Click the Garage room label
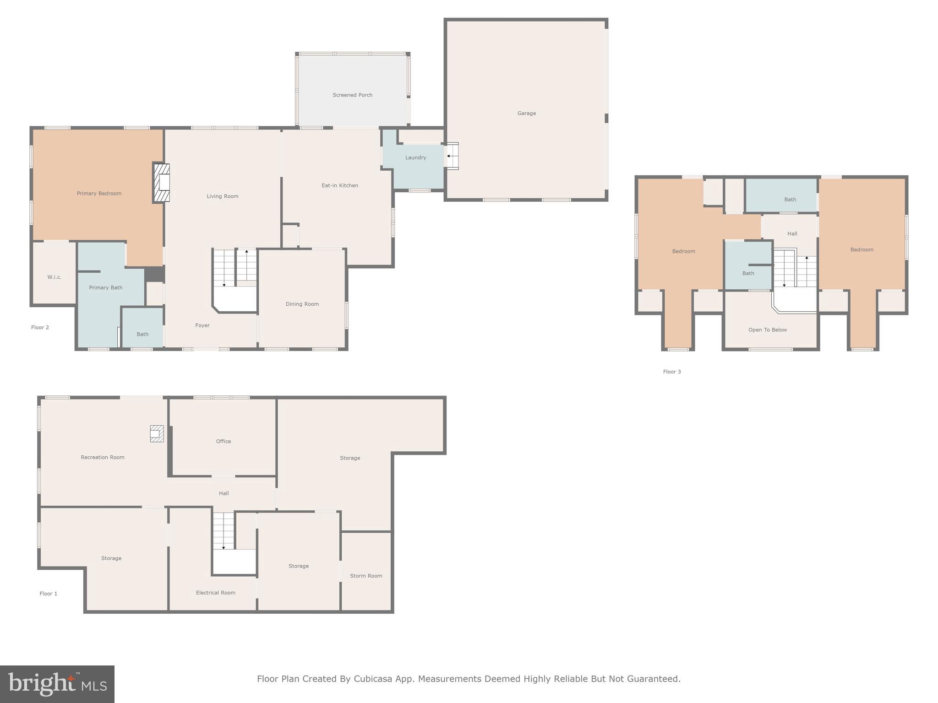point(526,113)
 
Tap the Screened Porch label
point(352,95)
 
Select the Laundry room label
point(415,157)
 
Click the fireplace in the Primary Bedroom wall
point(162,183)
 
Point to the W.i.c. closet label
point(54,277)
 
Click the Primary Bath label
point(105,287)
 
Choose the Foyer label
point(202,325)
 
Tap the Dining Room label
point(302,304)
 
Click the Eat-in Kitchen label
point(339,185)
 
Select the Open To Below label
point(767,330)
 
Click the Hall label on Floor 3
point(792,233)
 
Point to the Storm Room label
point(365,576)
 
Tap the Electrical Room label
point(215,592)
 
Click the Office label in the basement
point(223,441)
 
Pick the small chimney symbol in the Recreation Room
point(157,433)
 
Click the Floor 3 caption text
point(671,372)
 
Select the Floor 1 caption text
point(48,594)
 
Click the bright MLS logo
point(57,684)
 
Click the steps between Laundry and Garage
point(453,156)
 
